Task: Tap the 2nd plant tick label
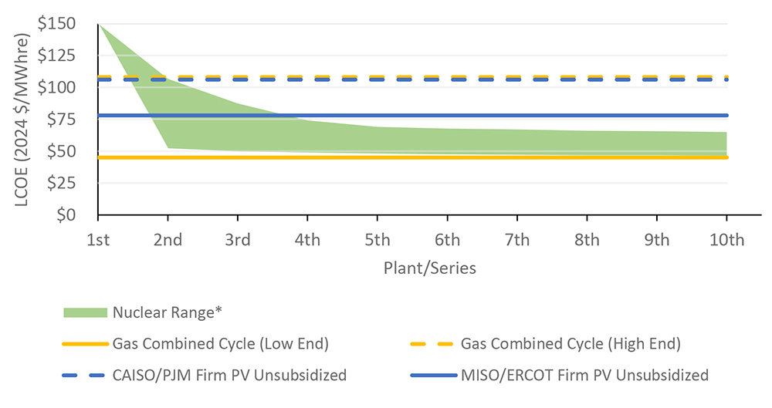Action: pyautogui.click(x=168, y=239)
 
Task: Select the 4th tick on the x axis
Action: pyautogui.click(x=307, y=239)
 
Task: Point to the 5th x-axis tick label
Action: pyautogui.click(x=378, y=239)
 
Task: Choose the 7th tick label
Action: pyautogui.click(x=517, y=239)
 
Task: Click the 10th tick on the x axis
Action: pyautogui.click(x=726, y=239)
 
